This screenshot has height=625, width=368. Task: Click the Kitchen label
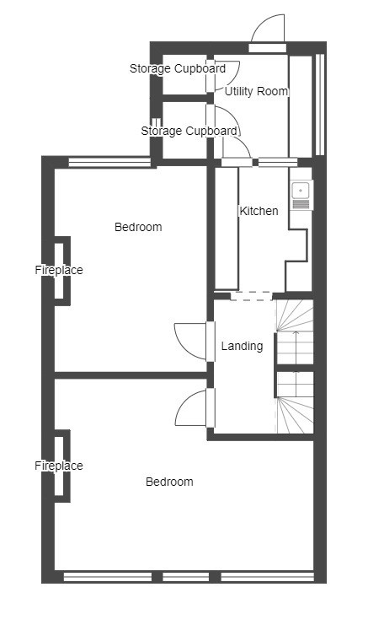[x=259, y=211]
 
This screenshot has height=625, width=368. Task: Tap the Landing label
[x=242, y=346]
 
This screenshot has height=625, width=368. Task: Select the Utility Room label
[x=256, y=91]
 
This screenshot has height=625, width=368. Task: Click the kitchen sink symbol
[x=301, y=195]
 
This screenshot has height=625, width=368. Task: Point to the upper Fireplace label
[x=59, y=270]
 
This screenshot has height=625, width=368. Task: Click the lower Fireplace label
[x=59, y=466]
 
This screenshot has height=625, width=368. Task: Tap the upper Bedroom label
[x=138, y=227]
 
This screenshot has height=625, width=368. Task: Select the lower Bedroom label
[x=169, y=482]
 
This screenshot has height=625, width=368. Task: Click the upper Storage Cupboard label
[x=178, y=68]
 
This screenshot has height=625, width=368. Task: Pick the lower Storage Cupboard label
[x=189, y=131]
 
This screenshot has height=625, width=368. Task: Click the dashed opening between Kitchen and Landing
[x=252, y=296]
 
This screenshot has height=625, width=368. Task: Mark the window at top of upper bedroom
[x=109, y=162]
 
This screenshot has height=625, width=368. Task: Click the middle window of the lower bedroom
[x=186, y=577]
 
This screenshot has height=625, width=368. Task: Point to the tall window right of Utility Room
[x=320, y=105]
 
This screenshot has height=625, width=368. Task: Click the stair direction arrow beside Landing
[x=296, y=347]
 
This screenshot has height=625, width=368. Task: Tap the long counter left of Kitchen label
[x=227, y=229]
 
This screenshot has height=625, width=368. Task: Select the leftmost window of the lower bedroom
[x=108, y=577]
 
